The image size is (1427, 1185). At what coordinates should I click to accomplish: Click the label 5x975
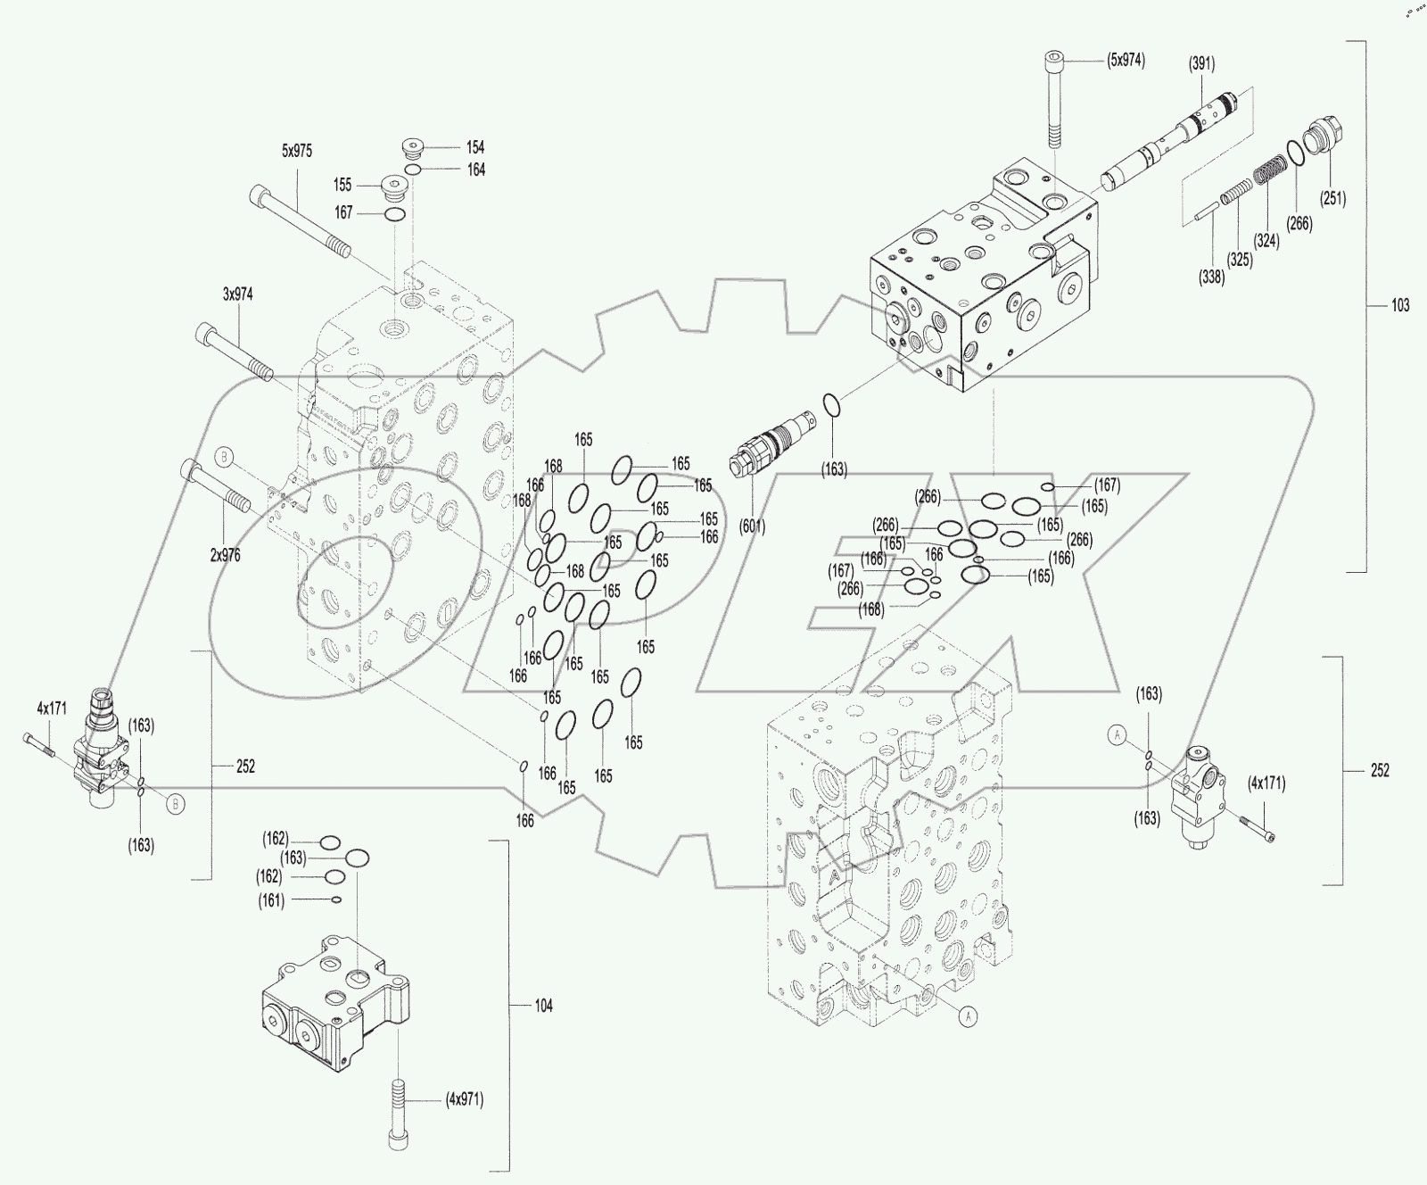click(x=297, y=151)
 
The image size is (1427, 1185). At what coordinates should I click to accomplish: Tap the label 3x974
click(x=237, y=294)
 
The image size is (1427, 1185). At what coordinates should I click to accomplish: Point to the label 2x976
click(x=225, y=554)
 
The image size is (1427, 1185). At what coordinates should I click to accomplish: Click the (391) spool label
click(x=1201, y=63)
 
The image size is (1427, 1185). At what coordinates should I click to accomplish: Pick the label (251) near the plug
click(x=1333, y=198)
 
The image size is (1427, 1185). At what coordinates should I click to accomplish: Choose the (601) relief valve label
click(x=752, y=526)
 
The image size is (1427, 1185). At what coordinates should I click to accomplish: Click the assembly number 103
click(x=1400, y=305)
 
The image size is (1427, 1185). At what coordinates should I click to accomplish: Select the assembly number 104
click(x=543, y=1006)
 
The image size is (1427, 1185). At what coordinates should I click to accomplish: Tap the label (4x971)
click(x=464, y=1099)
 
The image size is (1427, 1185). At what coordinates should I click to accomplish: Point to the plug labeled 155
click(x=393, y=187)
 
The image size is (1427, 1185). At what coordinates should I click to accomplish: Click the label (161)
click(x=273, y=900)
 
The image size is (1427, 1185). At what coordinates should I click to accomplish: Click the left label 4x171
click(x=51, y=708)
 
